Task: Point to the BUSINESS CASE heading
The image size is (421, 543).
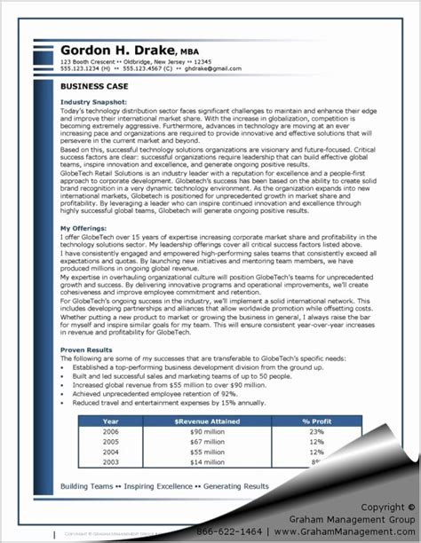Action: pyautogui.click(x=95, y=87)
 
